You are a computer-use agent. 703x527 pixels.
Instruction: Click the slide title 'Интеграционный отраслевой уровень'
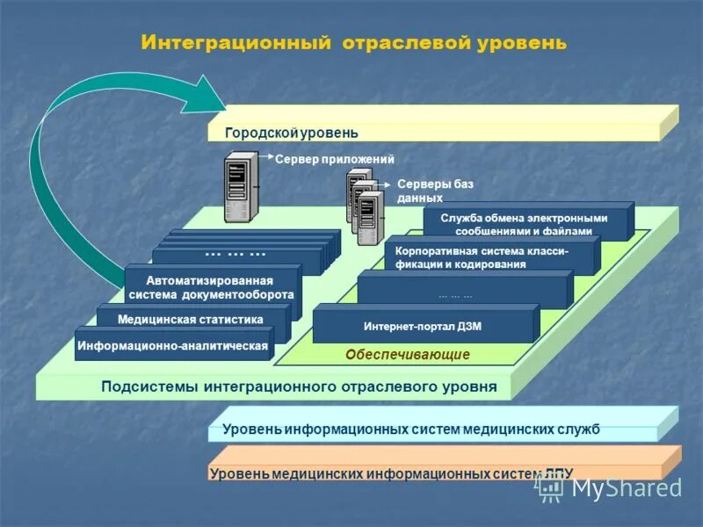353,42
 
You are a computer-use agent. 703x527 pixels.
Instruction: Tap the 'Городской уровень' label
292,133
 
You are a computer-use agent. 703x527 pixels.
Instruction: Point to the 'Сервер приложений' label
335,159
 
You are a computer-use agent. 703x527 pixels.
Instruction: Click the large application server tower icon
241,187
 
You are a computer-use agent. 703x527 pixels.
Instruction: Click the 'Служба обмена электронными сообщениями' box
525,224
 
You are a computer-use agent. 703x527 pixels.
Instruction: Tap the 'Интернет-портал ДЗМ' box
423,326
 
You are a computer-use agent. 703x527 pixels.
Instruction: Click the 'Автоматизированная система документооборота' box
211,288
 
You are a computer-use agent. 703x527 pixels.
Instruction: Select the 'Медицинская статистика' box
191,319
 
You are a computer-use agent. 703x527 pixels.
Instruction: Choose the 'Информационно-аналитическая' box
172,346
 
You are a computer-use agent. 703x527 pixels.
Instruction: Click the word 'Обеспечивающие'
407,355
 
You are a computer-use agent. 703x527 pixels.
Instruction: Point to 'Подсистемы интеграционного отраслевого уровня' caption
299,386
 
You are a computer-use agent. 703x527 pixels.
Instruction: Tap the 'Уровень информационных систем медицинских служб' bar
411,430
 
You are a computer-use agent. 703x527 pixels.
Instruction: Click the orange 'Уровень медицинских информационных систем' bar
391,473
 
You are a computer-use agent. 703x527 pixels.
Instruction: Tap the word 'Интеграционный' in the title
235,42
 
